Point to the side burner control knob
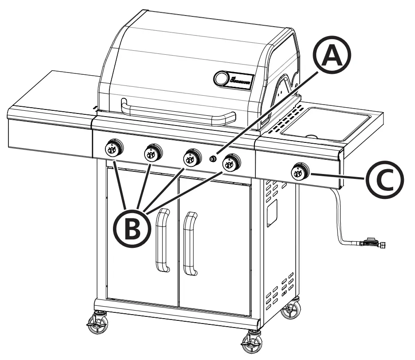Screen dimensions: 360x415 click(x=300, y=171)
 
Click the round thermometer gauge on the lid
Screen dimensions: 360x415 click(x=221, y=78)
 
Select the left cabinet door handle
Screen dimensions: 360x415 click(x=163, y=241)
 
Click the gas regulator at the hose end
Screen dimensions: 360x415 click(x=372, y=243)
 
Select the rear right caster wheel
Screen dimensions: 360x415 click(x=291, y=309)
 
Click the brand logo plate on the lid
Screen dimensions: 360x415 click(x=240, y=81)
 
